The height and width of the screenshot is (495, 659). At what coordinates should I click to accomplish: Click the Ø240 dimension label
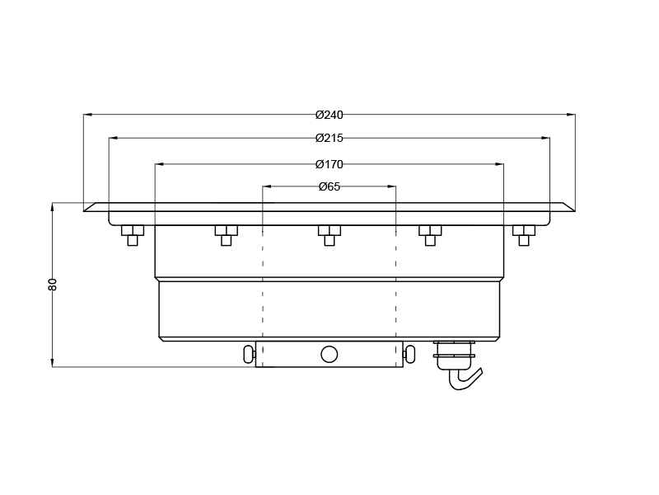[329, 115]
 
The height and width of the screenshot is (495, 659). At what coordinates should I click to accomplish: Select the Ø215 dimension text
[329, 138]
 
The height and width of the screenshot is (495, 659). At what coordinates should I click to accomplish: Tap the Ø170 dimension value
[329, 164]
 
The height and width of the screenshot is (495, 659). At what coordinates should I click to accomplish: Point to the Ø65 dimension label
[329, 186]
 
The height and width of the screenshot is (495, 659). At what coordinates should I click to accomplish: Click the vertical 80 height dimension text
[53, 284]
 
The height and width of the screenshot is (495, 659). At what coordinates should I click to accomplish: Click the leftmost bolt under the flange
[133, 234]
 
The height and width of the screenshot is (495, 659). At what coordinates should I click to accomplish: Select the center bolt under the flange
[329, 234]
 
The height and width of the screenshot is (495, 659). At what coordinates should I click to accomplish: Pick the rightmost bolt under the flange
[524, 234]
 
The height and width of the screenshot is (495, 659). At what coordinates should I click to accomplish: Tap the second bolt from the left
[227, 234]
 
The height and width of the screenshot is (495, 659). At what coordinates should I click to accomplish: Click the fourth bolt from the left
[430, 234]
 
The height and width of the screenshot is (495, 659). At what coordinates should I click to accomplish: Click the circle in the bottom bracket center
[329, 354]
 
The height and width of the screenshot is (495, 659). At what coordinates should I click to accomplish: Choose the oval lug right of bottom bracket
[409, 354]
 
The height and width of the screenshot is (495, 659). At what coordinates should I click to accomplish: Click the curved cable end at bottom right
[465, 379]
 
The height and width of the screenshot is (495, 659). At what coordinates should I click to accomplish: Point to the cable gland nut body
[454, 354]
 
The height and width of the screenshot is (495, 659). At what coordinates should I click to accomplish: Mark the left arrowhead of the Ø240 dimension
[87, 115]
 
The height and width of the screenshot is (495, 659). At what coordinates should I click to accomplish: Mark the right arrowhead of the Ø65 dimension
[392, 186]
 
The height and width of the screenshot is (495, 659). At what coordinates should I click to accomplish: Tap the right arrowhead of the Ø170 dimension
[499, 164]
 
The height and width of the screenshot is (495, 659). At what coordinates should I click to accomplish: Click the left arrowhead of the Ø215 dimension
[113, 138]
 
